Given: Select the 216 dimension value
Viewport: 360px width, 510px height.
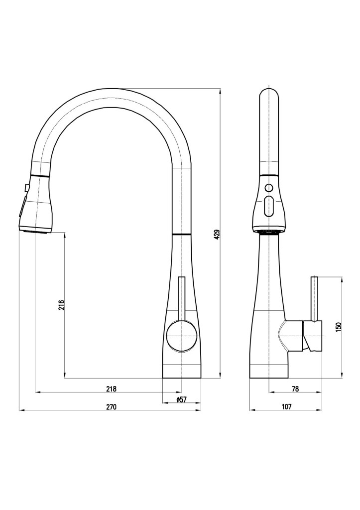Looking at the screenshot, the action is tap(62, 305).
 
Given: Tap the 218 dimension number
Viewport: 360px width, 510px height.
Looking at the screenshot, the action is tap(111, 388).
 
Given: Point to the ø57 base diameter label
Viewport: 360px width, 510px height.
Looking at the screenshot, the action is tap(181, 399).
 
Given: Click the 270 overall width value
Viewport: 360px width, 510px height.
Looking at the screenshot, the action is tap(111, 406).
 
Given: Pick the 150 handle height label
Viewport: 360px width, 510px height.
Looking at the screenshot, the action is tap(339, 327).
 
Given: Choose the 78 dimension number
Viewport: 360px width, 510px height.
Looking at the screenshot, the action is tap(295, 388).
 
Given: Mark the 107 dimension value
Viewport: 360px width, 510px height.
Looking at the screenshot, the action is tap(286, 406).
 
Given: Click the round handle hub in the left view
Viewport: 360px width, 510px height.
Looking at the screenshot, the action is tap(182, 336).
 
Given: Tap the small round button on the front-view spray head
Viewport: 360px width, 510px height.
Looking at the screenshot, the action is tap(268, 188).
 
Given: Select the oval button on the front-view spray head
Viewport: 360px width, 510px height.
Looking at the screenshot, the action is tap(268, 207).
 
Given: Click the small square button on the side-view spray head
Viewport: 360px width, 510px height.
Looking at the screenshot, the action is tap(26, 188).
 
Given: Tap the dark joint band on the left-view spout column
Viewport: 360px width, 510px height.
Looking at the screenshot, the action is tap(182, 234).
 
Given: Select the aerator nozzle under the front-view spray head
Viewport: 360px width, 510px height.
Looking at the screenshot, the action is tap(268, 232).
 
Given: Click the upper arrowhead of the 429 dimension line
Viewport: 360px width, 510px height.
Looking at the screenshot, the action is tap(221, 91).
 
